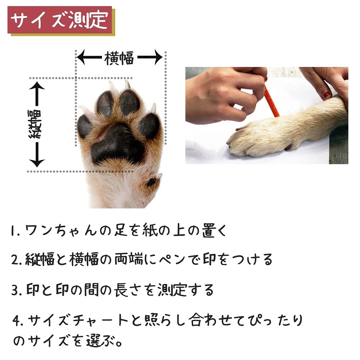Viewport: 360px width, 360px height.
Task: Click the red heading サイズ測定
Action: (60, 21)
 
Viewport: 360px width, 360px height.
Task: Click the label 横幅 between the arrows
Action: (119, 58)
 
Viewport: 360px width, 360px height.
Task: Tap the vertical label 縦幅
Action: (36, 124)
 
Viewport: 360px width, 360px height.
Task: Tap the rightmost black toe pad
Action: (149, 126)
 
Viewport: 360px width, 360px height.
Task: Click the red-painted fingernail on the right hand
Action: (326, 95)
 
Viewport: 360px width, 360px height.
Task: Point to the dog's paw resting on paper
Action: (252, 142)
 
